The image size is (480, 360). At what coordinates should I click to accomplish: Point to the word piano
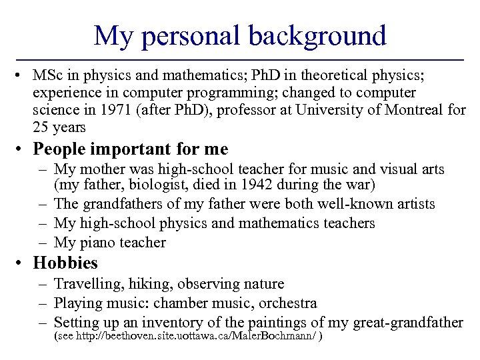pyautogui.click(x=100, y=243)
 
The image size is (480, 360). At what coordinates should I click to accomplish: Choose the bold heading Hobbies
pyautogui.click(x=65, y=263)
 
